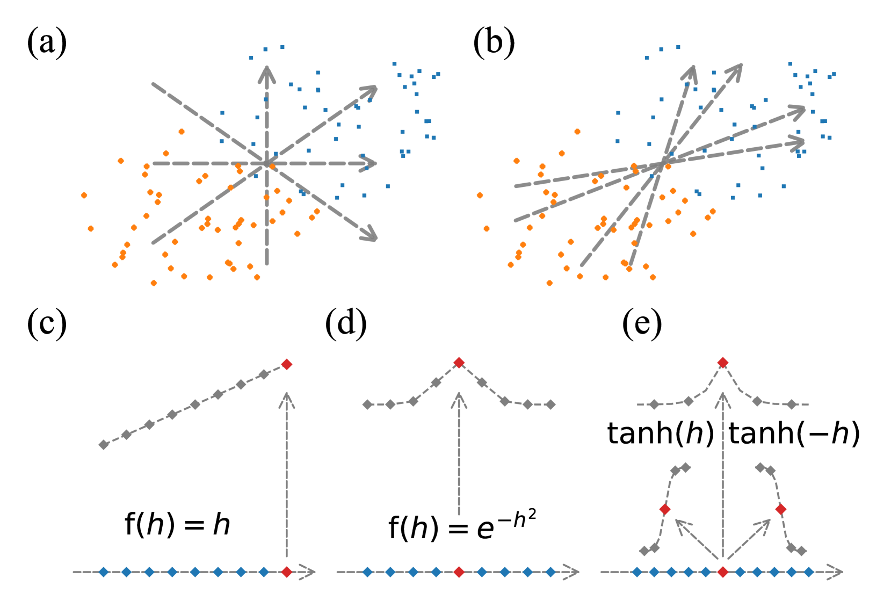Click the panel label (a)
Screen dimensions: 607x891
coord(47,42)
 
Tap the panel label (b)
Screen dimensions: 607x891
coord(494,42)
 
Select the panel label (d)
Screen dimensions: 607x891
coord(346,324)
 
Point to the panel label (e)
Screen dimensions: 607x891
coord(642,324)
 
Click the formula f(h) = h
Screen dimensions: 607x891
coord(177,524)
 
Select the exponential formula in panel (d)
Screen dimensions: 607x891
coord(462,525)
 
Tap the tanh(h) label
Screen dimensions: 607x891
coord(660,433)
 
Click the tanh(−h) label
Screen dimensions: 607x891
coord(794,433)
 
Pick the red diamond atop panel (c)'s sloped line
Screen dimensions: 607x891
coord(287,365)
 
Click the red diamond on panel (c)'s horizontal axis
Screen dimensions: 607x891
coord(287,572)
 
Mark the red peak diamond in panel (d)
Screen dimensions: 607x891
coord(459,363)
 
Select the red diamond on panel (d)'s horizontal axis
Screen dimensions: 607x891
coord(459,572)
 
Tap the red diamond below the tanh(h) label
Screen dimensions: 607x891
coord(665,509)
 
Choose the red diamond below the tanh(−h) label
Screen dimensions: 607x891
coord(781,509)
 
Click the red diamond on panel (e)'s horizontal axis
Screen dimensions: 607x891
coord(723,572)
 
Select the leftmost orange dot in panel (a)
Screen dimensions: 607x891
coord(84,195)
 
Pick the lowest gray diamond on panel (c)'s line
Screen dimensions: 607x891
coord(104,445)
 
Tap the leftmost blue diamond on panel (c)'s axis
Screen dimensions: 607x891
coord(104,572)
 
